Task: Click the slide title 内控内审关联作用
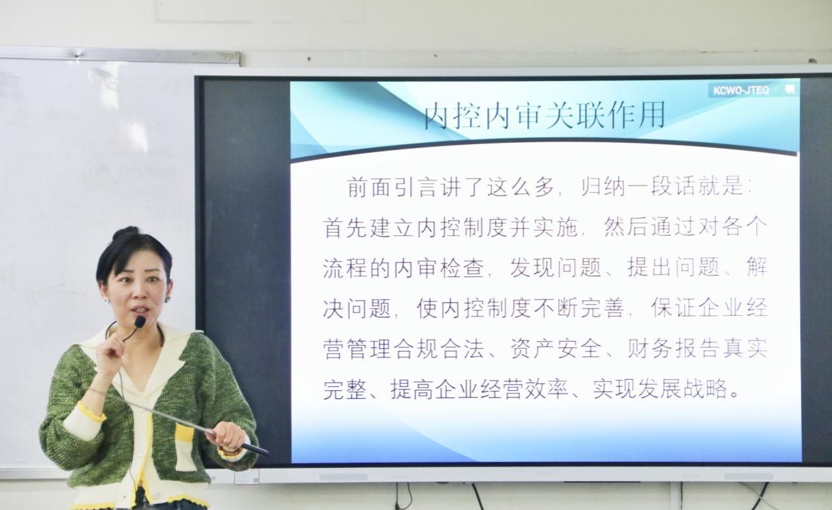544,116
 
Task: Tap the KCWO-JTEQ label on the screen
741,91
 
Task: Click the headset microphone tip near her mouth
140,322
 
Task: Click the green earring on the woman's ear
167,299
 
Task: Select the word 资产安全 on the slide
556,349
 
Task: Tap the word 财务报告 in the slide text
673,349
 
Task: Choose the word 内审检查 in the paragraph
440,267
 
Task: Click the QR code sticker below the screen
247,476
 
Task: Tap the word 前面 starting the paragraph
371,186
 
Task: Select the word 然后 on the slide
627,227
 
